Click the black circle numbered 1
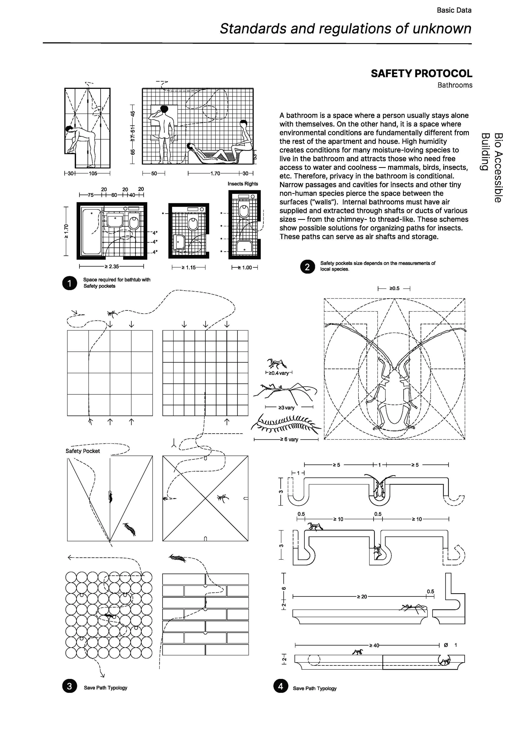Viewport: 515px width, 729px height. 70,283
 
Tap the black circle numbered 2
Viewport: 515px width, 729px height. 307,267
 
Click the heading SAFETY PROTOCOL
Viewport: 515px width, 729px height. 421,74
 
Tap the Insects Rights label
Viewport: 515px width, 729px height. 243,184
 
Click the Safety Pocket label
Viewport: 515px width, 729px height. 83,451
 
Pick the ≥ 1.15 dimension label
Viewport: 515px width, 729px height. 189,267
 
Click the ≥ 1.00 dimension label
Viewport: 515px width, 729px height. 245,267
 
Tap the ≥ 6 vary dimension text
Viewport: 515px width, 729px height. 289,440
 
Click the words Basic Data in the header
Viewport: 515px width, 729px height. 454,10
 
